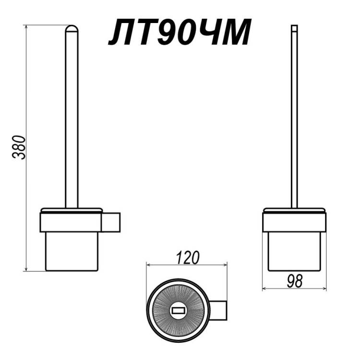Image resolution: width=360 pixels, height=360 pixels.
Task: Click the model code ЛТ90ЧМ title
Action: [180, 32]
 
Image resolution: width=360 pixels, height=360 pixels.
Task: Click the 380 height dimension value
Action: [19, 147]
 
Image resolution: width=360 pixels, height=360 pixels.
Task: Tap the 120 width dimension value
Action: [187, 258]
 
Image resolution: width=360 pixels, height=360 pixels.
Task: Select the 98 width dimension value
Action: [295, 281]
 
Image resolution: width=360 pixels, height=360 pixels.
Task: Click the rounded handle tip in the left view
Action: [72, 29]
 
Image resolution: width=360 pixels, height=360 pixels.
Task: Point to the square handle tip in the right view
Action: [294, 28]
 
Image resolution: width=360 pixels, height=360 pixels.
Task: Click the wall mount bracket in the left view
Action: [111, 222]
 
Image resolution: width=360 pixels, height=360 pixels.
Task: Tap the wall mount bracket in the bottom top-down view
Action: [218, 310]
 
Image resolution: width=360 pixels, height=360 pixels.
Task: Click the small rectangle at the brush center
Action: [178, 311]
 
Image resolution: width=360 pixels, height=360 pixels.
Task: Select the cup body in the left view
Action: [72, 252]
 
